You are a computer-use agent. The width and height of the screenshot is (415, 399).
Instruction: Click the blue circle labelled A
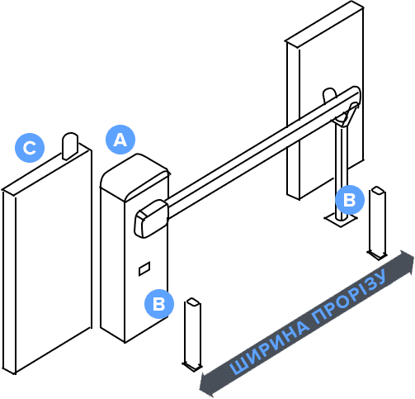click(x=120, y=140)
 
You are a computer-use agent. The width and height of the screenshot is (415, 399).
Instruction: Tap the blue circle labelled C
click(x=30, y=148)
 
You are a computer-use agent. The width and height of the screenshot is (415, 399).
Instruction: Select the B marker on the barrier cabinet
click(x=159, y=304)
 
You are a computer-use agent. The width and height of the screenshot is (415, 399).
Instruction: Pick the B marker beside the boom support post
click(x=350, y=200)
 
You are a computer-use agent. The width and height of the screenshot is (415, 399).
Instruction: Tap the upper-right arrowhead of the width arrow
click(x=407, y=263)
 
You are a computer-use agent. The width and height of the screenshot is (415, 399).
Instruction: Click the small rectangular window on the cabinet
click(x=144, y=268)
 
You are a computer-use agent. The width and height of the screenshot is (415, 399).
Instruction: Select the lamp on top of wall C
click(x=70, y=146)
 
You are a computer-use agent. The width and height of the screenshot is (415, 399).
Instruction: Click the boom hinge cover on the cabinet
click(x=151, y=219)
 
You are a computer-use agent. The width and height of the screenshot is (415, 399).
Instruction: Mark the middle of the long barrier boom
click(x=262, y=155)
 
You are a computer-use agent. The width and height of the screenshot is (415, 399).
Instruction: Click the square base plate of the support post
click(x=341, y=219)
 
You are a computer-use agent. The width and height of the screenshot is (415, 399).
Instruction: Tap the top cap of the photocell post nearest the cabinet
click(x=193, y=302)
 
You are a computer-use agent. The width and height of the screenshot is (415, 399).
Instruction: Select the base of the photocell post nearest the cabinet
click(x=192, y=366)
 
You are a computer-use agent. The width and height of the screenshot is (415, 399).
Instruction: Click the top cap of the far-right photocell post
click(x=378, y=190)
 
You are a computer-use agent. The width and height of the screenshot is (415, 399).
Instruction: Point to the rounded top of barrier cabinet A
click(x=134, y=176)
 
